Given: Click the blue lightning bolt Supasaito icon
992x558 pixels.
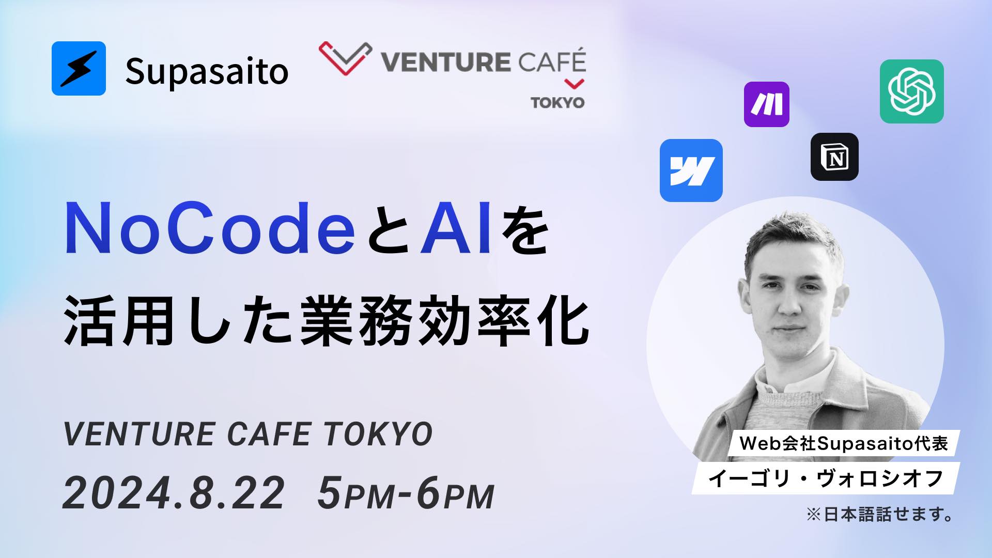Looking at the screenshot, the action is [79, 68].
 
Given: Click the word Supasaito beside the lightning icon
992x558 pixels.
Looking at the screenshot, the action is [207, 72].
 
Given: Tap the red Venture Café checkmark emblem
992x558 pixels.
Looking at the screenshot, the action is [345, 58].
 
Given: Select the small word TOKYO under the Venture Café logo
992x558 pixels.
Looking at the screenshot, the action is [558, 102].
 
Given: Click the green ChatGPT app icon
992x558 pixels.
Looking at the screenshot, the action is [911, 91].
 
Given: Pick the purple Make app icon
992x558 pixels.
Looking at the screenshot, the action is [766, 104].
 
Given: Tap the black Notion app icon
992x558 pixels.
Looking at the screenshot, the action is [834, 157].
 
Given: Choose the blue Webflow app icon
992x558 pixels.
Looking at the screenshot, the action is [691, 171].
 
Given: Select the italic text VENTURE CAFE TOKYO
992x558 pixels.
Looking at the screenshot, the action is [247, 433].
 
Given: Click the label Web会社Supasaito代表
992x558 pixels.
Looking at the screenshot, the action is [843, 444].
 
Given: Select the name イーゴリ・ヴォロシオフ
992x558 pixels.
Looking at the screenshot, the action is [826, 478].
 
